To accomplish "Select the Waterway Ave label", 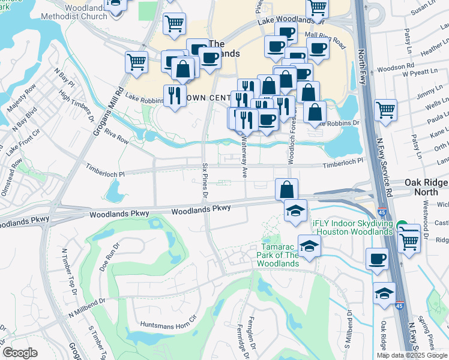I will [x=244, y=156].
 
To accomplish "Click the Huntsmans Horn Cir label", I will [x=168, y=322].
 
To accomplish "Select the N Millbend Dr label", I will [x=86, y=308].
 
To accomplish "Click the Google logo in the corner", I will [x=20, y=353].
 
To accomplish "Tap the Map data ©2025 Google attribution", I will [x=412, y=355].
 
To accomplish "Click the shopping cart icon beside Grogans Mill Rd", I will [x=137, y=61].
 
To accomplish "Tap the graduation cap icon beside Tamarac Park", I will [x=309, y=247].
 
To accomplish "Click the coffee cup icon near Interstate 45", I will [x=377, y=259].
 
